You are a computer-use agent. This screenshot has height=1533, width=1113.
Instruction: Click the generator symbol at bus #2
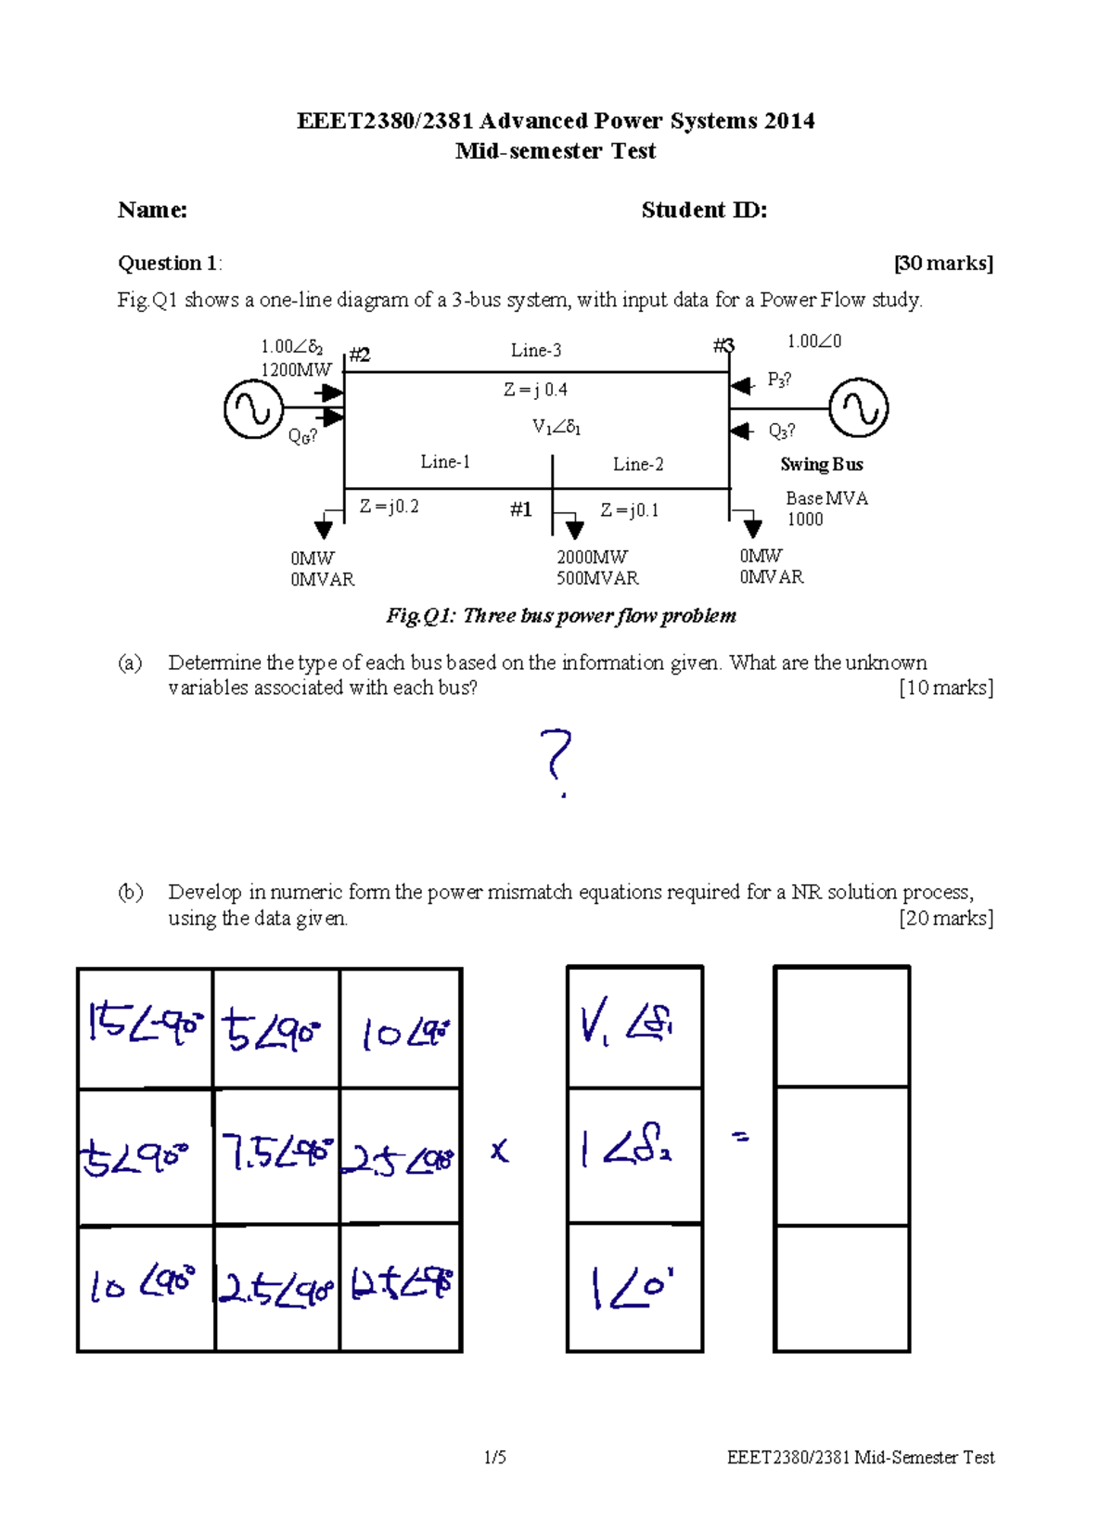[253, 408]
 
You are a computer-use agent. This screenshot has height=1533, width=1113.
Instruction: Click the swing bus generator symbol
[858, 407]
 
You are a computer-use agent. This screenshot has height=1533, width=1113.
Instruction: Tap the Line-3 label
[535, 350]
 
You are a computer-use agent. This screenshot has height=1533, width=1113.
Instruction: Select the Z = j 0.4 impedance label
[535, 390]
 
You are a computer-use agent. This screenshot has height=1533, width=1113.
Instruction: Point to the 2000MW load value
[592, 557]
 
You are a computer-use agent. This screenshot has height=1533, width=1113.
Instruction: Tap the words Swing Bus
[821, 464]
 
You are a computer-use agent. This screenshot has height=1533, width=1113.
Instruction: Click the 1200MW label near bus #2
[295, 369]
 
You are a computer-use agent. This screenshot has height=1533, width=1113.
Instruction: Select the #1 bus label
[520, 509]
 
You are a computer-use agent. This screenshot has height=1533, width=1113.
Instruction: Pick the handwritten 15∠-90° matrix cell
[145, 1026]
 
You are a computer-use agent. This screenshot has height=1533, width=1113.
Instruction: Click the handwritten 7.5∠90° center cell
[276, 1154]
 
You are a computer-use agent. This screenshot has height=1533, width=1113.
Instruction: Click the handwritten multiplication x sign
[499, 1152]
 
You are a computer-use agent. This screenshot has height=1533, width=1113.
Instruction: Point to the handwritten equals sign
[740, 1136]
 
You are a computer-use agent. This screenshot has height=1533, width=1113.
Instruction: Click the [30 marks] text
[943, 264]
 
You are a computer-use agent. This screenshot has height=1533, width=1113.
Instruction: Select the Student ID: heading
[704, 210]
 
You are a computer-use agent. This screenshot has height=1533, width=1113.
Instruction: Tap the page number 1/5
[494, 1457]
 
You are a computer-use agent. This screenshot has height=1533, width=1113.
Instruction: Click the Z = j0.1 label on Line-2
[629, 509]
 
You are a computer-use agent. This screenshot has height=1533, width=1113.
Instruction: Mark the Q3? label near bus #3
[781, 431]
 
